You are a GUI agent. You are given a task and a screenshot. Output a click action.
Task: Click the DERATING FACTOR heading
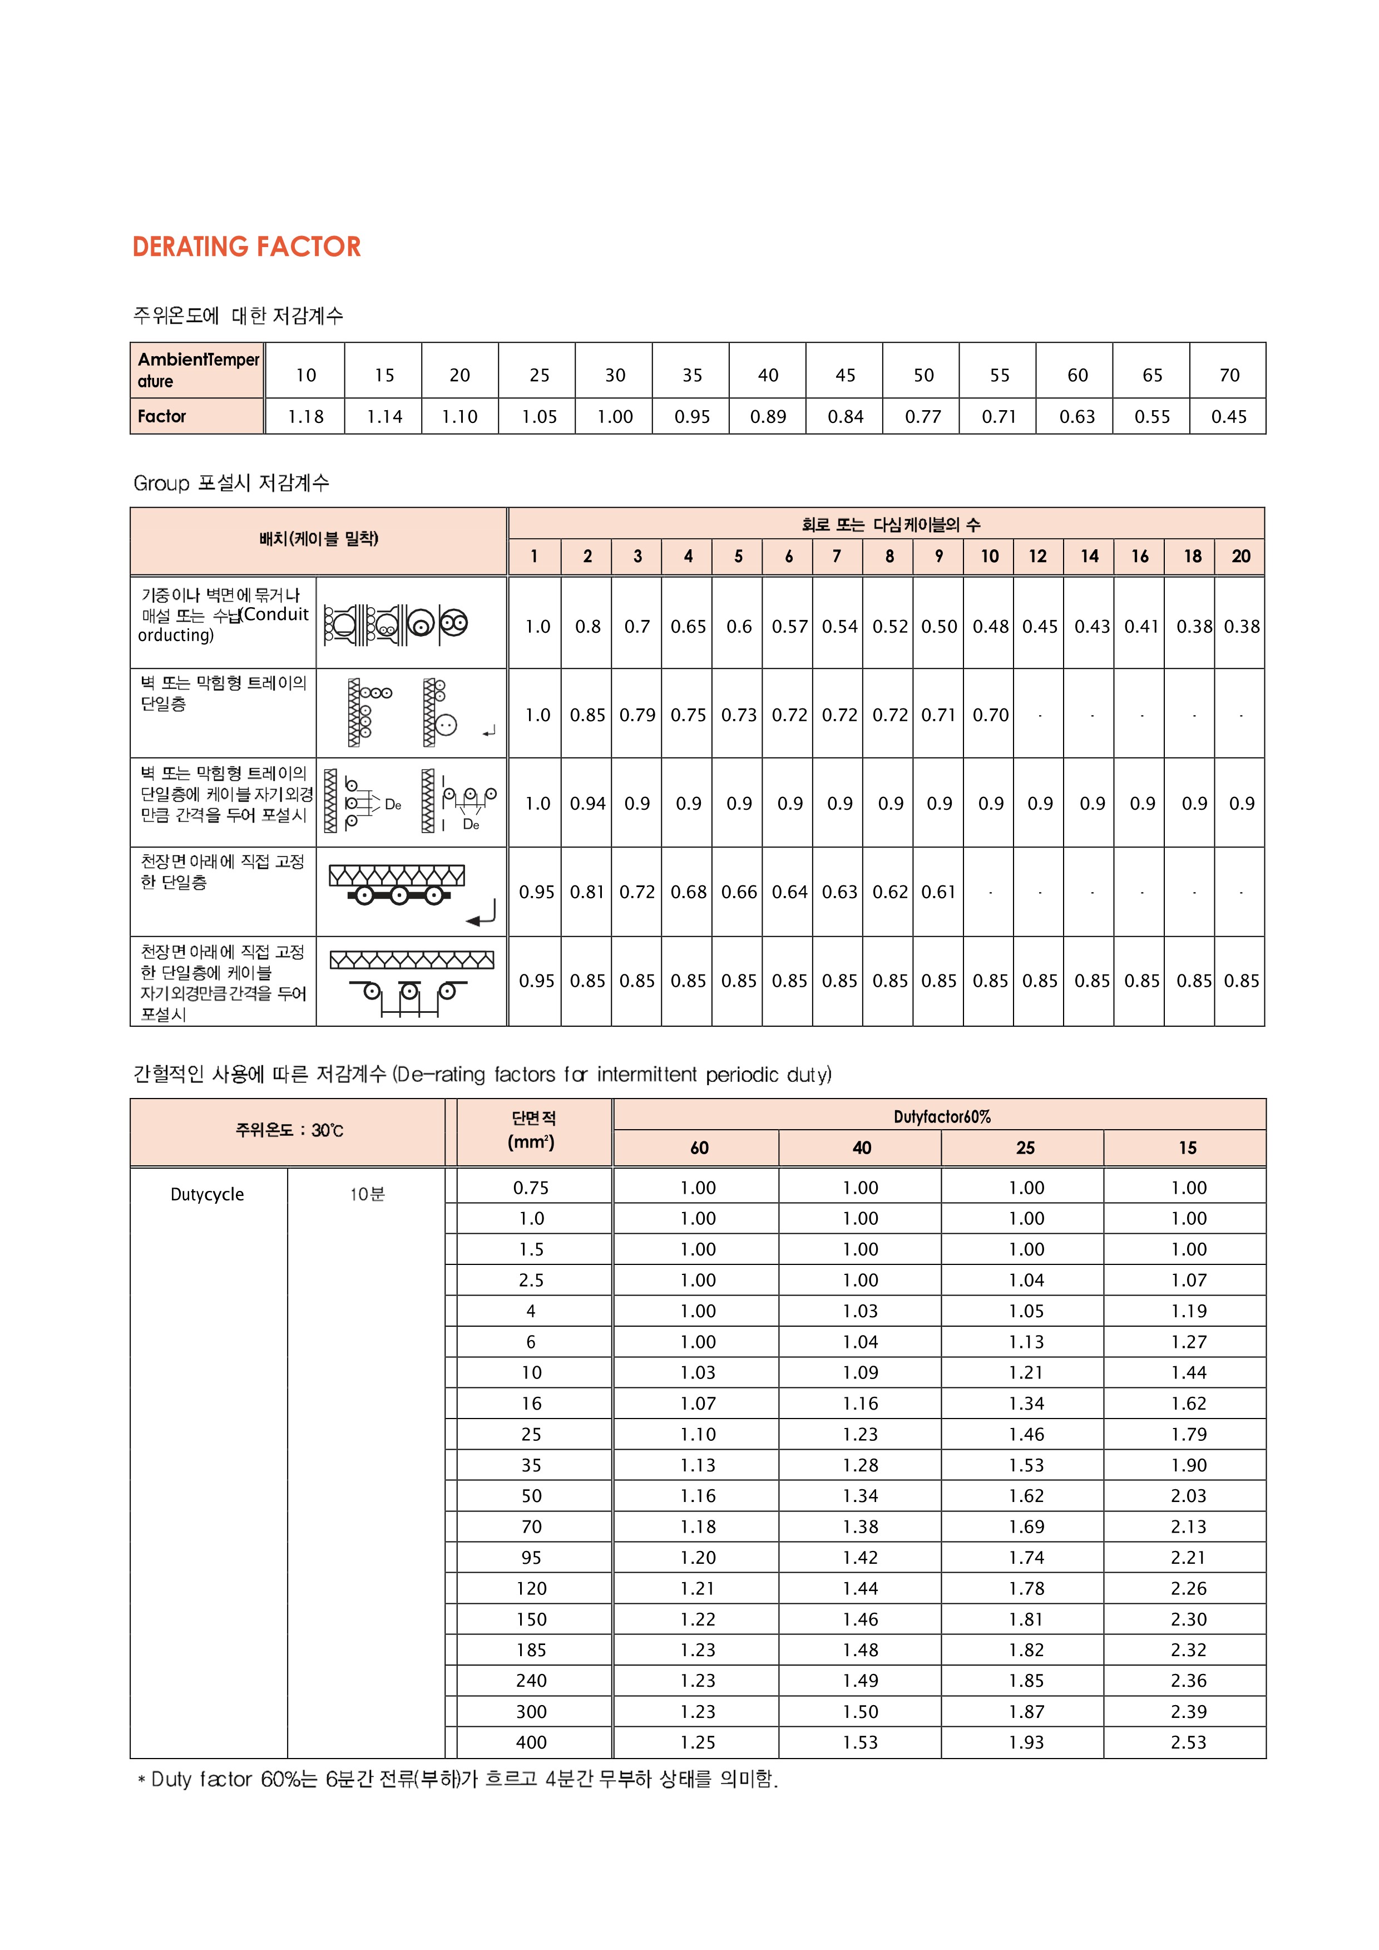pyautogui.click(x=246, y=247)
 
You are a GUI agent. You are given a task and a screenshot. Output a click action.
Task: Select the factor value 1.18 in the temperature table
pyautogui.click(x=306, y=417)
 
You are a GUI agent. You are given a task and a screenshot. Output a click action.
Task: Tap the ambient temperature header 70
pyautogui.click(x=1229, y=376)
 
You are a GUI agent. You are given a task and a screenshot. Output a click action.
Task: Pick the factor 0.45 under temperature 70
pyautogui.click(x=1229, y=417)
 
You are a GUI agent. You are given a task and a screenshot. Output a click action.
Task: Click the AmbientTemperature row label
pyautogui.click(x=198, y=370)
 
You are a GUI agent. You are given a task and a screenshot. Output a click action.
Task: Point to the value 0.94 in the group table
pyautogui.click(x=587, y=804)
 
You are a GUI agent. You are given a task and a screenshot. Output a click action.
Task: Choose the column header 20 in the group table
pyautogui.click(x=1240, y=557)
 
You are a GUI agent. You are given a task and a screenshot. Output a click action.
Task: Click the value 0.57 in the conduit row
pyautogui.click(x=790, y=627)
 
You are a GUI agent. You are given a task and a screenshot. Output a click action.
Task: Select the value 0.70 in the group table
pyautogui.click(x=991, y=715)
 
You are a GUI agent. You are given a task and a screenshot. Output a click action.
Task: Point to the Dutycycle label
pyautogui.click(x=207, y=1195)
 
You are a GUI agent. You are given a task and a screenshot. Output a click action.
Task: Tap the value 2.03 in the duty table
pyautogui.click(x=1188, y=1496)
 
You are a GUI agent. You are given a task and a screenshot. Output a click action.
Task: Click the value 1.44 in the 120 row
pyautogui.click(x=860, y=1589)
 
